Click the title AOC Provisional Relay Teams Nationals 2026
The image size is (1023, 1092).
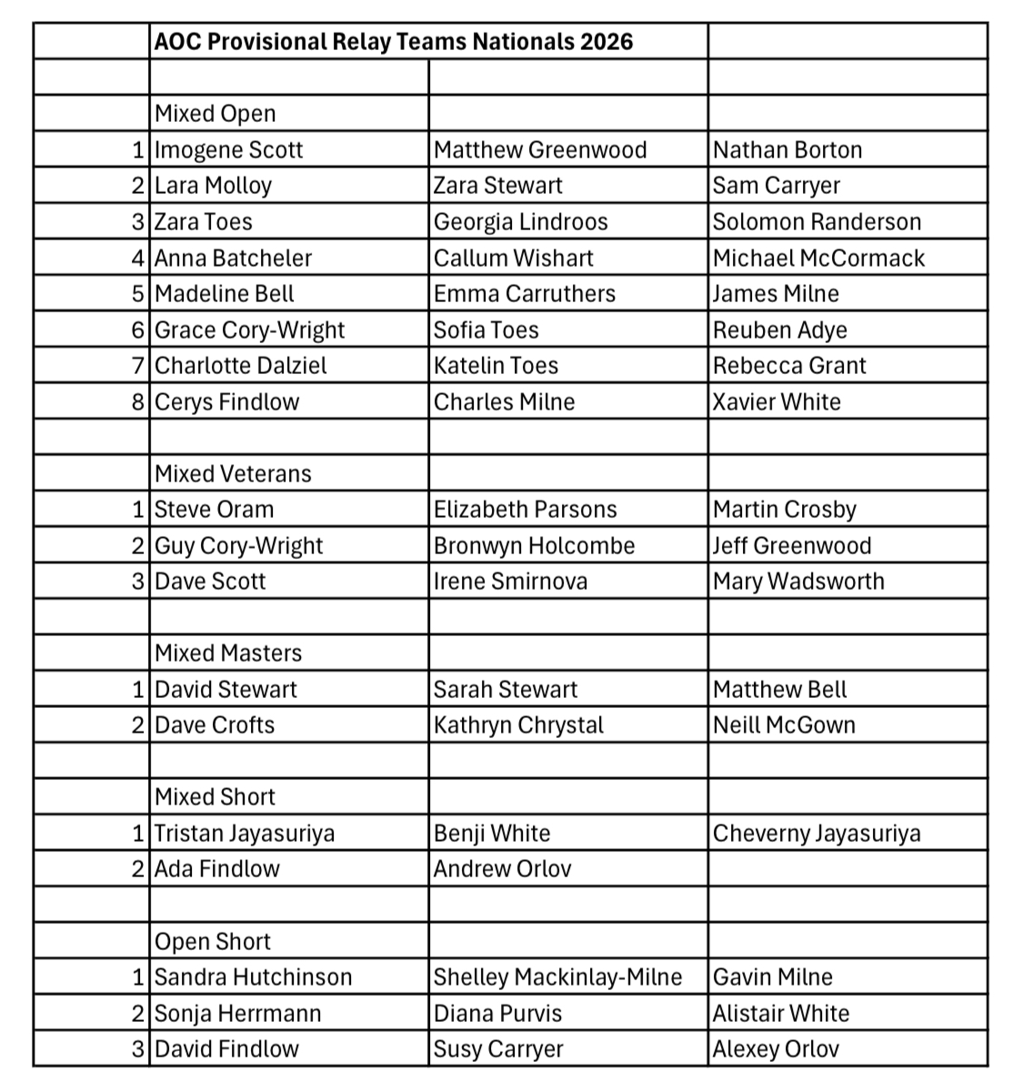[393, 42]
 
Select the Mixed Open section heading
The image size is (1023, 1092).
[215, 114]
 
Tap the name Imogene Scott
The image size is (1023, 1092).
[228, 150]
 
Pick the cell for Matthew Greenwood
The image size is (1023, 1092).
[540, 150]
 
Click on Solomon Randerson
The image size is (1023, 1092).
[817, 222]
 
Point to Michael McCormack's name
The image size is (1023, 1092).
[818, 258]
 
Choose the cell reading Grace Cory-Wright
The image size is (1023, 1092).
[250, 330]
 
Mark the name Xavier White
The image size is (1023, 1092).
[777, 402]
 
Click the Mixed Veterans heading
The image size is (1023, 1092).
[233, 474]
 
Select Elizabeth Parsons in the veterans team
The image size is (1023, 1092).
[525, 510]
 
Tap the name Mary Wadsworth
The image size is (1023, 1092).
[798, 581]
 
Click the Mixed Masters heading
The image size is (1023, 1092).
[228, 653]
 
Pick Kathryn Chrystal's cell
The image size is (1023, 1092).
[518, 725]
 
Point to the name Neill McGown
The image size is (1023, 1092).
[784, 725]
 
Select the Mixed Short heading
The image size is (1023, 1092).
[215, 797]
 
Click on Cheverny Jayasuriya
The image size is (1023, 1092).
[817, 834]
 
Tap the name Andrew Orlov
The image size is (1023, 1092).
[502, 869]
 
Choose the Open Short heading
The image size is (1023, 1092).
[213, 942]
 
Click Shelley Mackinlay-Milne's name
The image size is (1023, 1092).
[557, 977]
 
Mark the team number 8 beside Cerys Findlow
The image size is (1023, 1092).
[138, 402]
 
